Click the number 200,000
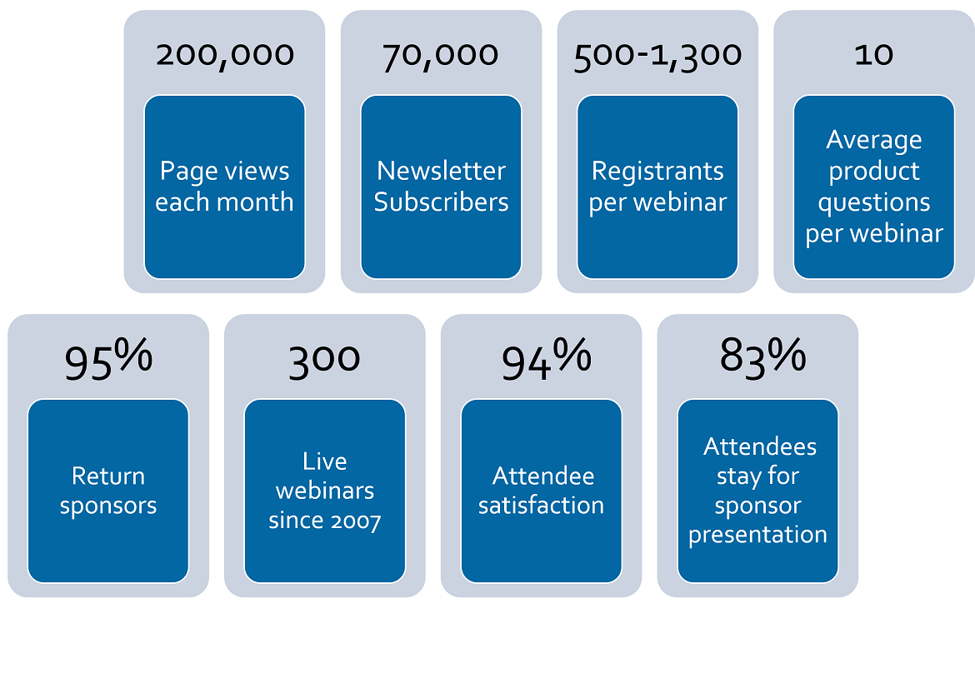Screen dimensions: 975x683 click(224, 56)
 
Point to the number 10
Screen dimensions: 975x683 click(873, 55)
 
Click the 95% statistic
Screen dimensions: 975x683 click(108, 359)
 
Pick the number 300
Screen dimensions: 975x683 click(324, 361)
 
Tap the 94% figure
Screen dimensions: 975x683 click(546, 359)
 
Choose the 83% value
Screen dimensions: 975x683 click(762, 356)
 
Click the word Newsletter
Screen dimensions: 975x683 click(441, 171)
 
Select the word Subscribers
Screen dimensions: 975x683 click(441, 202)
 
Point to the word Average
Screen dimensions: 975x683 click(873, 141)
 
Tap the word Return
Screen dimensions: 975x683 click(108, 476)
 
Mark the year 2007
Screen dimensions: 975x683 click(355, 521)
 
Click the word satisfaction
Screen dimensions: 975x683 click(541, 506)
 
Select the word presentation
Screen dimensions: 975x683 click(757, 535)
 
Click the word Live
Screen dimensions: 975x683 click(325, 461)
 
